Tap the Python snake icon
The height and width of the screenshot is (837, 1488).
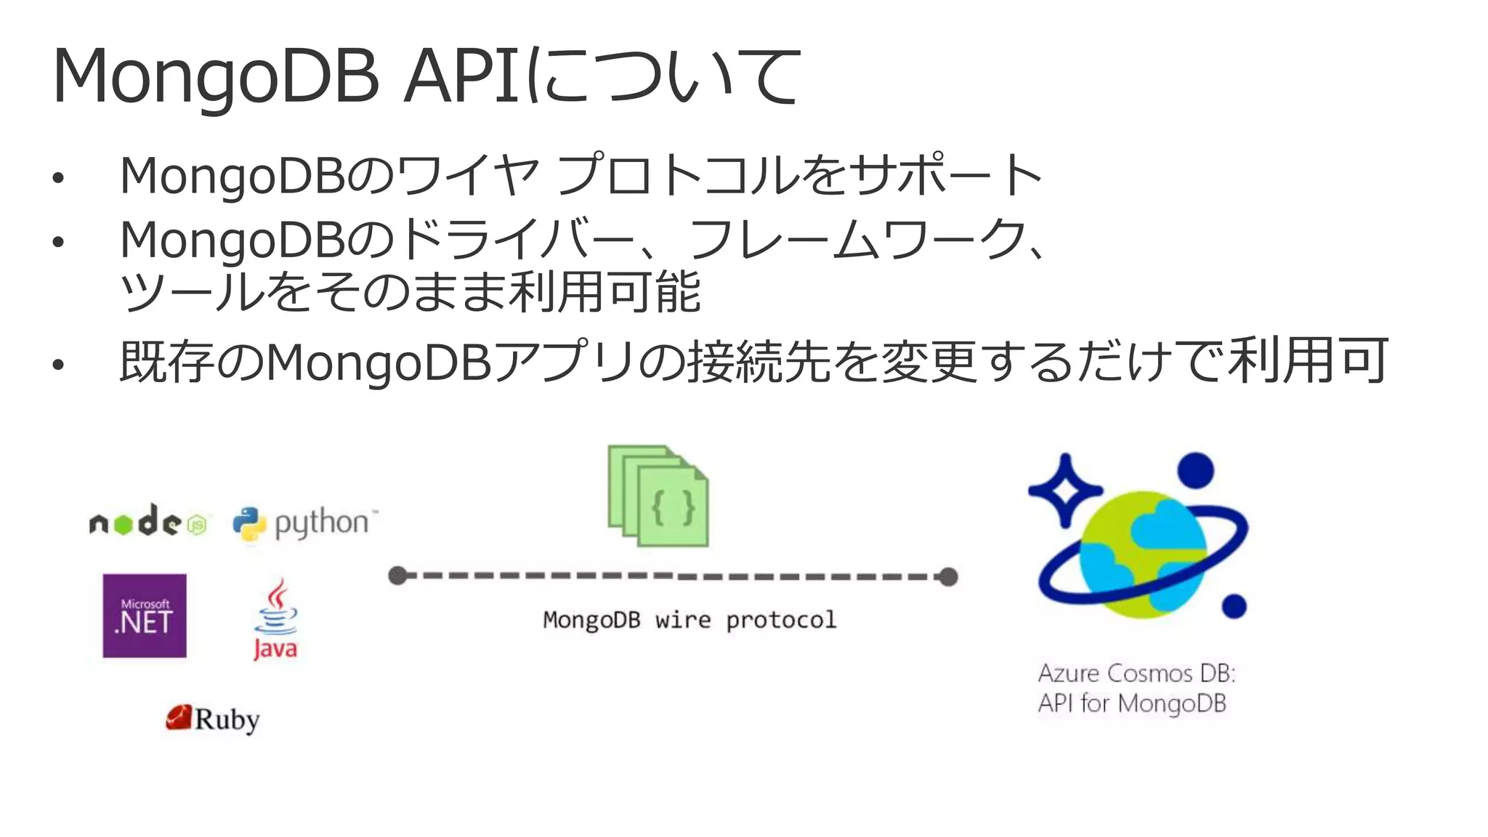point(249,524)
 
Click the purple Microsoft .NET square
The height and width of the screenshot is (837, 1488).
point(145,615)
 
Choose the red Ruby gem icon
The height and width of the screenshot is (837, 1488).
point(178,717)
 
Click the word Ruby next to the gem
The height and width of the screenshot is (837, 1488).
point(227,719)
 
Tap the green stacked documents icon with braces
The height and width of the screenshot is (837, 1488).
point(658,496)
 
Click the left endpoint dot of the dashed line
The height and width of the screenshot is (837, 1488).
point(397,576)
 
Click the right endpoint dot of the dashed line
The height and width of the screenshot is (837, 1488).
point(948,577)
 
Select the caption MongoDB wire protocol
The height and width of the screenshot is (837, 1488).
point(690,620)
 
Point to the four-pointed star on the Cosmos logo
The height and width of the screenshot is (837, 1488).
point(1065,490)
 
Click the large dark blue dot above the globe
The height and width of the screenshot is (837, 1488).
point(1195,470)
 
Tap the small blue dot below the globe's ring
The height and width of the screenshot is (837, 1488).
point(1234,605)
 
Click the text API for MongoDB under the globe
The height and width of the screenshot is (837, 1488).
point(1132,703)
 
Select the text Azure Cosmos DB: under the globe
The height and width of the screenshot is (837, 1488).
point(1136,673)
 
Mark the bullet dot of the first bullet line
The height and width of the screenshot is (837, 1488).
point(58,177)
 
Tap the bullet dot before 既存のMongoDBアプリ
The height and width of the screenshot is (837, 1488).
point(58,364)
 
